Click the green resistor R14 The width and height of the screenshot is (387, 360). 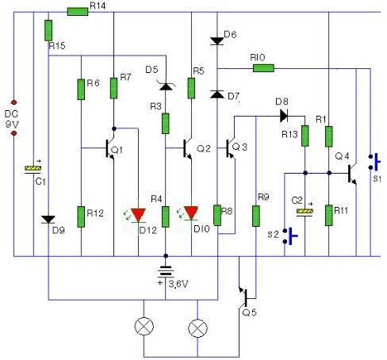78,12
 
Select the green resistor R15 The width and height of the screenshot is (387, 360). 48,30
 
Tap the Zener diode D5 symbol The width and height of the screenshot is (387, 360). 166,86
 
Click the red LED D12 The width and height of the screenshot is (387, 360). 138,215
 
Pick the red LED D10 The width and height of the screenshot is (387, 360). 191,213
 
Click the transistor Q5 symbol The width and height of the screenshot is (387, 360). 244,297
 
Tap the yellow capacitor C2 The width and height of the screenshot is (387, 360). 305,213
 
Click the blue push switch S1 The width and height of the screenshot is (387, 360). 375,162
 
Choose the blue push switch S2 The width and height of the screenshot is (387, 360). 290,236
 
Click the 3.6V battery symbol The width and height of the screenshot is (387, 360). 166,272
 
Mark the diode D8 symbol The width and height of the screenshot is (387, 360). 284,116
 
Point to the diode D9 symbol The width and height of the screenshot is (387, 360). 48,220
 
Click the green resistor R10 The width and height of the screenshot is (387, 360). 263,68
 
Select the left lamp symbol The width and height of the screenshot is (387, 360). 144,326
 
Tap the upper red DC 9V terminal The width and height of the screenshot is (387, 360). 13,102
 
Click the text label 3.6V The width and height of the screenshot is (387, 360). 178,284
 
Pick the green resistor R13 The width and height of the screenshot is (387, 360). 305,136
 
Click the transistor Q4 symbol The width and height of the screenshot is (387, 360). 352,174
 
